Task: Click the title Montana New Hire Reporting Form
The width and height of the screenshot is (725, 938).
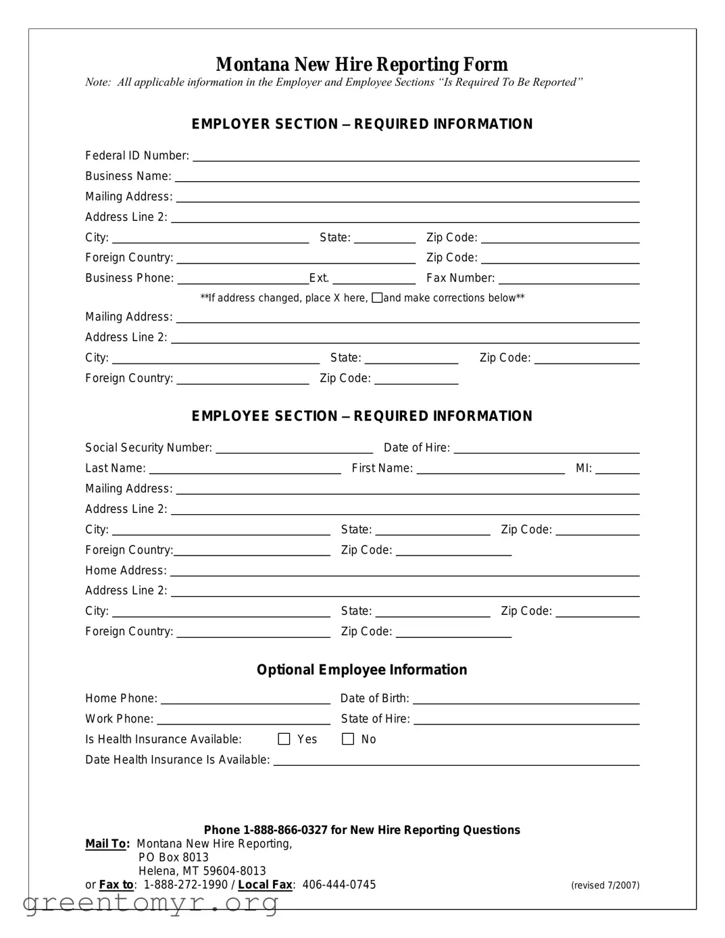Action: [361, 64]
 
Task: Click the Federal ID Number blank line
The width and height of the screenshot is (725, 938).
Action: [416, 156]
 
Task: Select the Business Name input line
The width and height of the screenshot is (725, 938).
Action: [407, 176]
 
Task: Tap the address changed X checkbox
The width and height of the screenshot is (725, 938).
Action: [377, 298]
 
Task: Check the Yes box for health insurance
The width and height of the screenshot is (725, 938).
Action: [284, 739]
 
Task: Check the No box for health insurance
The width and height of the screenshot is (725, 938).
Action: [348, 739]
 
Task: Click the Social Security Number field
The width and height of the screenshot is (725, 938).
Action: [294, 448]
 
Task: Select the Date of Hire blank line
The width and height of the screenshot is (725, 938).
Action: [546, 448]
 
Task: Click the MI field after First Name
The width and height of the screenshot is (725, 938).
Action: [617, 468]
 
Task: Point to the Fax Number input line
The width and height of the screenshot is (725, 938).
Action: [568, 278]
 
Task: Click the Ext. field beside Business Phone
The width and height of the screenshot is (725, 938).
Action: [374, 278]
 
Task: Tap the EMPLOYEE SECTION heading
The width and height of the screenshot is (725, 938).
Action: [361, 416]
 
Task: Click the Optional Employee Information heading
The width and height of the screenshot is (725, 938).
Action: [361, 670]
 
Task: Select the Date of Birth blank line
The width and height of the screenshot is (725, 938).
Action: [526, 699]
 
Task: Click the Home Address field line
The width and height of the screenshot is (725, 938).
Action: [404, 571]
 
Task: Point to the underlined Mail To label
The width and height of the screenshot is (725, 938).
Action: [107, 844]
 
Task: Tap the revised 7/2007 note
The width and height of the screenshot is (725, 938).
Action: [605, 885]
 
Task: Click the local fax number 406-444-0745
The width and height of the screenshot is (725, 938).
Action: [339, 885]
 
